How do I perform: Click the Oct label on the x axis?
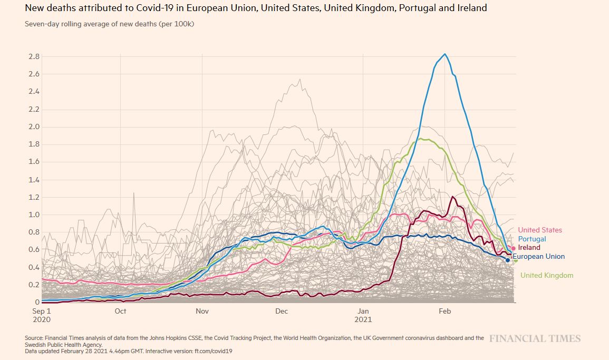tap(120, 311)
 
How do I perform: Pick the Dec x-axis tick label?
tap(282, 311)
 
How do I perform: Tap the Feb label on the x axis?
tap(444, 311)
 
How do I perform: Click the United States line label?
tap(539, 230)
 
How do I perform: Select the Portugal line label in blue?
tap(532, 239)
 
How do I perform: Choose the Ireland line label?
tap(529, 247)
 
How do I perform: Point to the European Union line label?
tap(538, 257)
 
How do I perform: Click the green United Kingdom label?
tap(547, 275)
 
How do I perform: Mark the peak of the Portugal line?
tap(445, 54)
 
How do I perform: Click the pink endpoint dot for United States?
tap(514, 248)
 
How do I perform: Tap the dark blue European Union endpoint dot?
tap(508, 260)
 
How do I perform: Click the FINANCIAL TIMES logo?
tap(535, 338)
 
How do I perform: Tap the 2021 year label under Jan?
tap(363, 319)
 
